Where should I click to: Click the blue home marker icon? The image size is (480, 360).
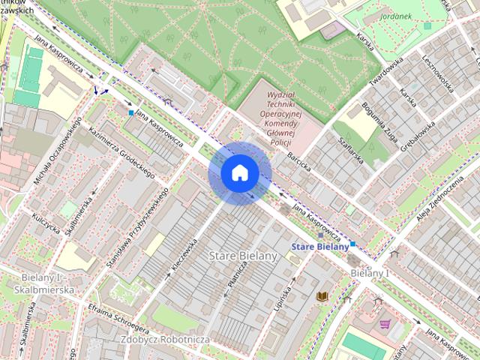[240, 172]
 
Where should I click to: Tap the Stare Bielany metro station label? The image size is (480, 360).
[320, 246]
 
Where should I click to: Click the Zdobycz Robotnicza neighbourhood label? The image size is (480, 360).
[163, 340]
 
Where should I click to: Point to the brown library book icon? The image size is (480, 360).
[322, 297]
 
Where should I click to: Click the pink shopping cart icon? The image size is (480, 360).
[385, 324]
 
